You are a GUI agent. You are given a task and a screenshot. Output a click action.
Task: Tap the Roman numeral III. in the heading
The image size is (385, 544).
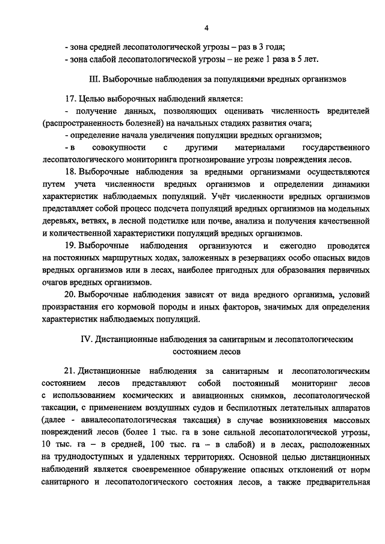(94, 79)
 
